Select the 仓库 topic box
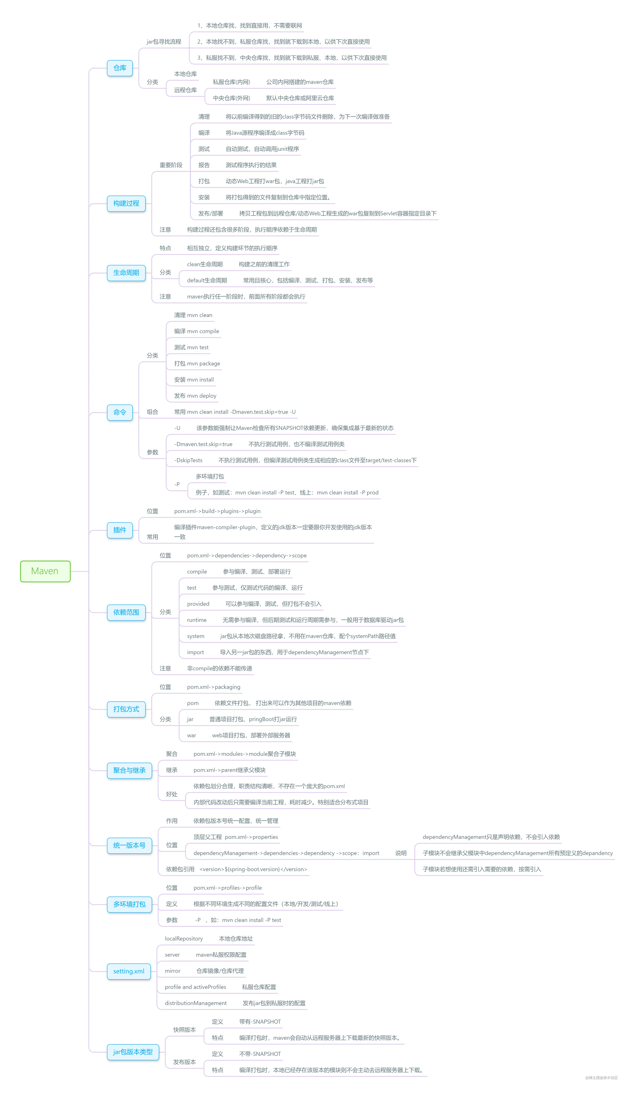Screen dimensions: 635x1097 coord(120,68)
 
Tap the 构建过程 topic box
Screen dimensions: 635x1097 coord(126,203)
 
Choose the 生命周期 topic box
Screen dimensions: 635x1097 coord(126,272)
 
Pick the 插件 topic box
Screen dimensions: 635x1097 coord(120,530)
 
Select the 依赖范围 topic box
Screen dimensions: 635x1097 coord(126,612)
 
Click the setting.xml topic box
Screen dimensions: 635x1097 coord(129,971)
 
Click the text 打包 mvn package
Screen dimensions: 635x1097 coord(197,364)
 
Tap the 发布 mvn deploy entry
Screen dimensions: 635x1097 coord(195,396)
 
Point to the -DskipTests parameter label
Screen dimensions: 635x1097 coord(188,460)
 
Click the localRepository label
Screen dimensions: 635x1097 coord(184,938)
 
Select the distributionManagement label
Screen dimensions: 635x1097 coord(196,1003)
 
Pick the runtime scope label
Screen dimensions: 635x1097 coord(197,620)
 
